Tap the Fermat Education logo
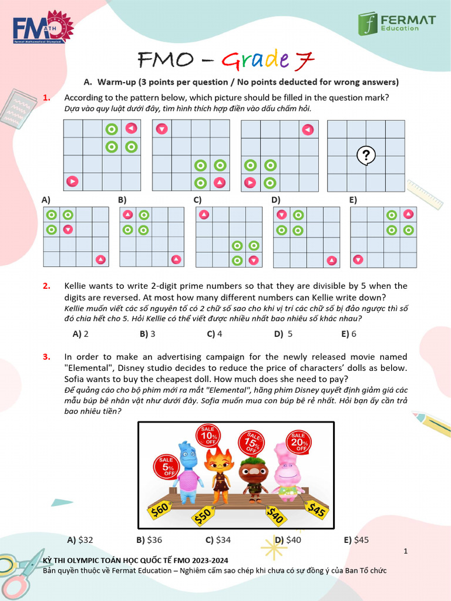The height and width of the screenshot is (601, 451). tap(397, 23)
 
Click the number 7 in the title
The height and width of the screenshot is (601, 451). tap(305, 60)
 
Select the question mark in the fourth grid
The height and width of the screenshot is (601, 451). tap(366, 155)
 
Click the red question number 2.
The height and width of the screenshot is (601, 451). tap(46, 286)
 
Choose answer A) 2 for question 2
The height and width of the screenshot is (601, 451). tap(80, 334)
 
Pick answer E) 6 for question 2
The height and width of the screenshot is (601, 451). tap(349, 334)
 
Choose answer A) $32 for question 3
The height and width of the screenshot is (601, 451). tap(80, 540)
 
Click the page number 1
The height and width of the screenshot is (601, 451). tap(406, 551)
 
